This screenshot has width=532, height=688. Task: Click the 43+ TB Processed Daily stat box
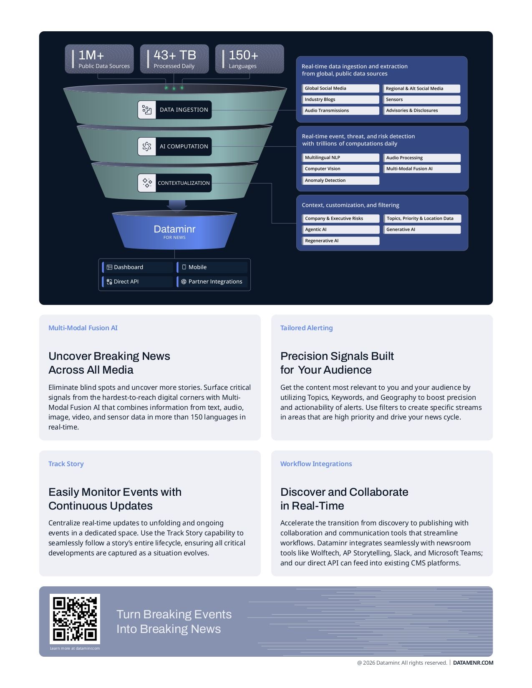click(x=174, y=59)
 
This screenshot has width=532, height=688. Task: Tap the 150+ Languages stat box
click(x=250, y=59)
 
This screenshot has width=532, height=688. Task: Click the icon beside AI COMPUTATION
click(x=147, y=146)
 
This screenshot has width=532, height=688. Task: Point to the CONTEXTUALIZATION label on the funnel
click(x=183, y=183)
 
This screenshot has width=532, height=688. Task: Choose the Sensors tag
click(x=421, y=100)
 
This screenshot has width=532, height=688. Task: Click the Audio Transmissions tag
click(x=340, y=110)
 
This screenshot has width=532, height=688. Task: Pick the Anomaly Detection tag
click(x=340, y=181)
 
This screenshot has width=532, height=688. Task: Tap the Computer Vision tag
click(x=340, y=169)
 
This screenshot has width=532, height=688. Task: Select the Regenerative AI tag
click(x=340, y=241)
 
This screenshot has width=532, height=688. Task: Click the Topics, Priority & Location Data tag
click(x=422, y=218)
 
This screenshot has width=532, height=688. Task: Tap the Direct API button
click(x=137, y=282)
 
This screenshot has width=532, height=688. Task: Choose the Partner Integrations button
click(x=212, y=282)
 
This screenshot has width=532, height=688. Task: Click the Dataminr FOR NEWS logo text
click(x=174, y=231)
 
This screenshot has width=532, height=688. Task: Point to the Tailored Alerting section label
click(x=306, y=328)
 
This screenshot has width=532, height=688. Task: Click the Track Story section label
click(x=66, y=464)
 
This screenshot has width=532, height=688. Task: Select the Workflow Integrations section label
click(x=316, y=464)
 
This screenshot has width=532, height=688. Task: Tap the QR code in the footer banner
click(x=75, y=619)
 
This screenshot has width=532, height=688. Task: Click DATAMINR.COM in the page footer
click(x=473, y=663)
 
